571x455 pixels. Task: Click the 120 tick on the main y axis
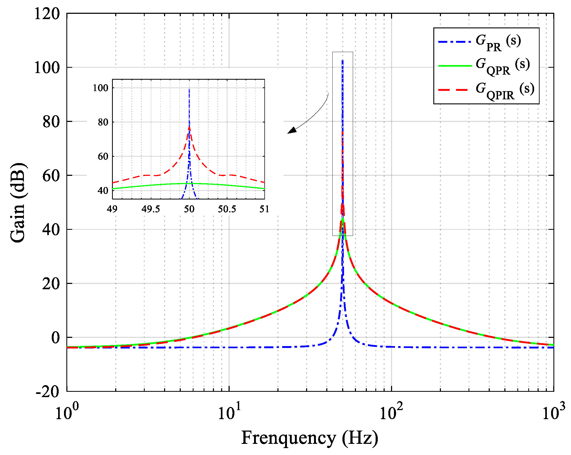coord(47,14)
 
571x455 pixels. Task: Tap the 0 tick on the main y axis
coord(55,338)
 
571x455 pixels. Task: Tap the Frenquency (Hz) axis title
coord(310,438)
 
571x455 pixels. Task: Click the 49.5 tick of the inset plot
coord(151,209)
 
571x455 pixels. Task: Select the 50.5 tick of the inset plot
coord(227,209)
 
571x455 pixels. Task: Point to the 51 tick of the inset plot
coord(264,209)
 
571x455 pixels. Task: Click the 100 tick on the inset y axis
coord(101,88)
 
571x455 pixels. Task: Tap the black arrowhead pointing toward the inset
coord(291,130)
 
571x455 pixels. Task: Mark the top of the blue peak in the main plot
coord(342,61)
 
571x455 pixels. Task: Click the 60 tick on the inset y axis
coord(103,156)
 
